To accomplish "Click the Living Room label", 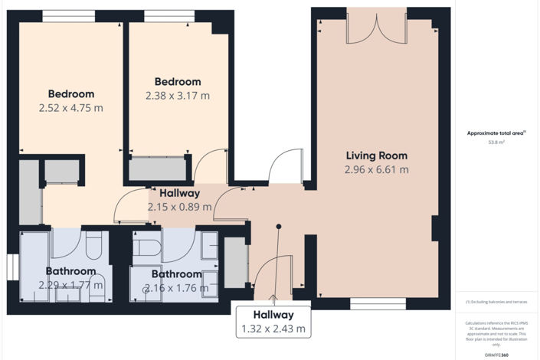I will (376, 155).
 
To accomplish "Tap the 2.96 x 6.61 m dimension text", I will (376, 169).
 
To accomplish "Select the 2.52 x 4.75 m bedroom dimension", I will (70, 108).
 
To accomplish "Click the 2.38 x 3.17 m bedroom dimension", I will (177, 96).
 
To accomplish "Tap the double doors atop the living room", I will (375, 25).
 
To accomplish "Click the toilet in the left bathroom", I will (94, 247).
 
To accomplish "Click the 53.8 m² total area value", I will (497, 142).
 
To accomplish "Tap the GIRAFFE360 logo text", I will (497, 355).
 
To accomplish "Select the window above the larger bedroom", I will (69, 15).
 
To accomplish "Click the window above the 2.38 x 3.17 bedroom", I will (169, 15).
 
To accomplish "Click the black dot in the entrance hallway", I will (279, 226).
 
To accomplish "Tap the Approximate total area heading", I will (496, 133).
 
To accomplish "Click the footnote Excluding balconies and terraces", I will (496, 303).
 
